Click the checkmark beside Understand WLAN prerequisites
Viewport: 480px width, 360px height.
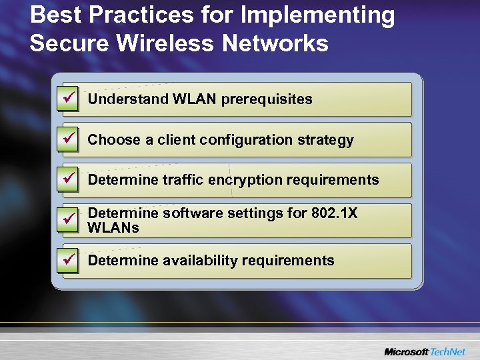(x=69, y=99)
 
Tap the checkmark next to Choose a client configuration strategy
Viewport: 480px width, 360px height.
(x=69, y=140)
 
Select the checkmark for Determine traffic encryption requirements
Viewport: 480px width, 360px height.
(x=69, y=180)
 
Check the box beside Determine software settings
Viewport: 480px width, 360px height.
(x=69, y=221)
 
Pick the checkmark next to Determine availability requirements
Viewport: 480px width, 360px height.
(x=69, y=261)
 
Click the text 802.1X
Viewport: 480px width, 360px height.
(x=333, y=213)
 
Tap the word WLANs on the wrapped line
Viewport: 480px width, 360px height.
(x=113, y=227)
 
